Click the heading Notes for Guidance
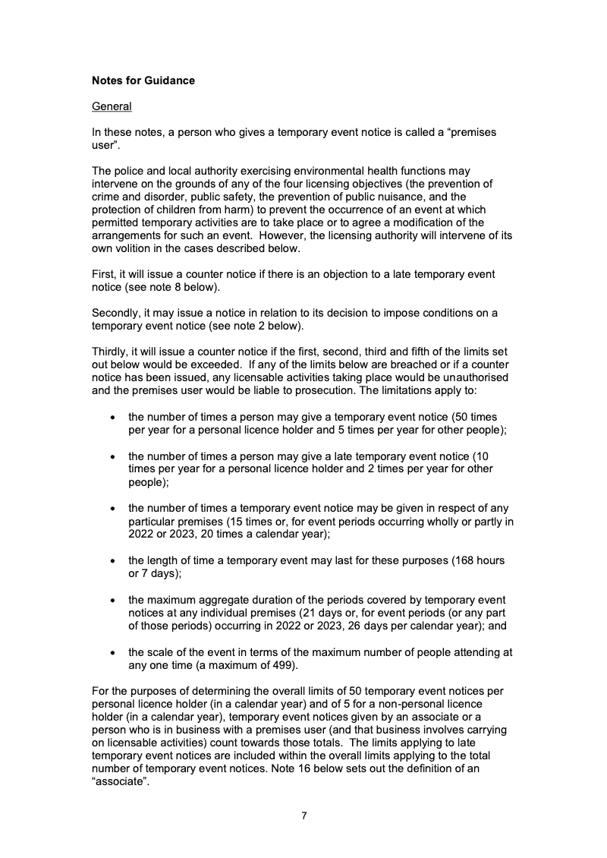(x=143, y=80)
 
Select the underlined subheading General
(x=112, y=106)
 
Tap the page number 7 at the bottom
(x=303, y=816)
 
